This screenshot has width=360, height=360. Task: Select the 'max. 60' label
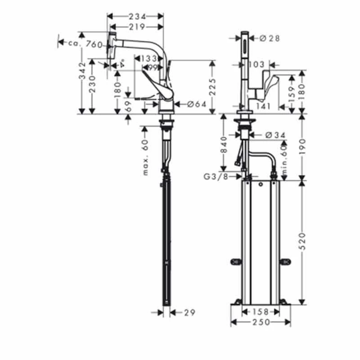pyautogui.click(x=145, y=157)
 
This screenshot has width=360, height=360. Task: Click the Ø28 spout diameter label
pyautogui.click(x=270, y=39)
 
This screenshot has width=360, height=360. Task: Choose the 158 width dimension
pyautogui.click(x=260, y=312)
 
